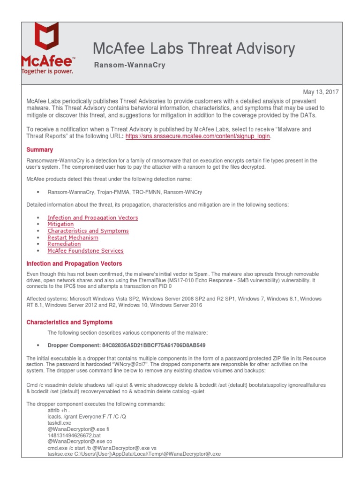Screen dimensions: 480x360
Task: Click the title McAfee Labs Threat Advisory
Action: point(194,48)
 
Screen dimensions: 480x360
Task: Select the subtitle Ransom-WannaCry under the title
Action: point(129,65)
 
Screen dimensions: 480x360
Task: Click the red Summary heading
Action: point(39,150)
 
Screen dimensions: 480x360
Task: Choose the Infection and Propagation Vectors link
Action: point(92,217)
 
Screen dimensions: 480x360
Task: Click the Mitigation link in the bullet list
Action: point(60,224)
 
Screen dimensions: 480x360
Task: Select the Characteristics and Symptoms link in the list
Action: point(88,231)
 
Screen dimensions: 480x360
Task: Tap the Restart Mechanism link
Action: point(73,237)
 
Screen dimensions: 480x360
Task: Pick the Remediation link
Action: point(64,244)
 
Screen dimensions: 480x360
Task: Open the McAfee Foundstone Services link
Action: point(85,251)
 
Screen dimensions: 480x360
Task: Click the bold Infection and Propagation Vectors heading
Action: point(74,263)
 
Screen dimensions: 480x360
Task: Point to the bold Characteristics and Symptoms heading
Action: point(69,322)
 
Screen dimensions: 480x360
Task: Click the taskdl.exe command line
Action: point(60,422)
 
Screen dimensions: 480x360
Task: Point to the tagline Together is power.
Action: point(47,71)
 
